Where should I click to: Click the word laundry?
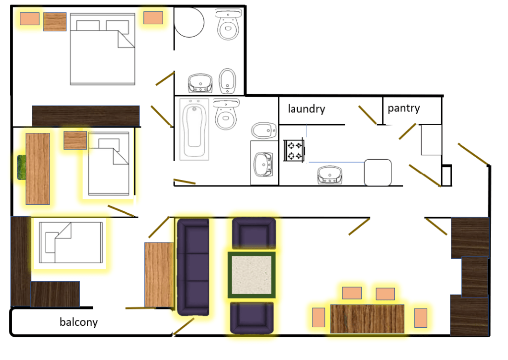point(306,109)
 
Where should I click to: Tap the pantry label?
point(404,108)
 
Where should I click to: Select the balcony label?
point(79,322)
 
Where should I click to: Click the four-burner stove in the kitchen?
point(294,150)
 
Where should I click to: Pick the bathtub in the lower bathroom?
point(194,129)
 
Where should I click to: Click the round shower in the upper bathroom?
point(189,22)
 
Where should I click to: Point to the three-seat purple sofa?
point(193,267)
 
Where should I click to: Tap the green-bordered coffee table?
point(252,275)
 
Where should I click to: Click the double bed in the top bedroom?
point(102,49)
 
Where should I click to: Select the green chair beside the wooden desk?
point(22,167)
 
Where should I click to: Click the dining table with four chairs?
point(367,318)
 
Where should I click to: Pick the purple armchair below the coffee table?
point(252,317)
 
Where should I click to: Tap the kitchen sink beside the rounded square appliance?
point(330,175)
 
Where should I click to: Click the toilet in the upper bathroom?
point(228,25)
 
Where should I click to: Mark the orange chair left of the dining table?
point(318,317)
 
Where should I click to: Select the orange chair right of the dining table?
point(421,318)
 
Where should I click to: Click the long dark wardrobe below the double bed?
point(86,116)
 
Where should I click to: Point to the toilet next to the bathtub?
point(226,114)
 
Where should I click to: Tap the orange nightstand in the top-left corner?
point(30,19)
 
